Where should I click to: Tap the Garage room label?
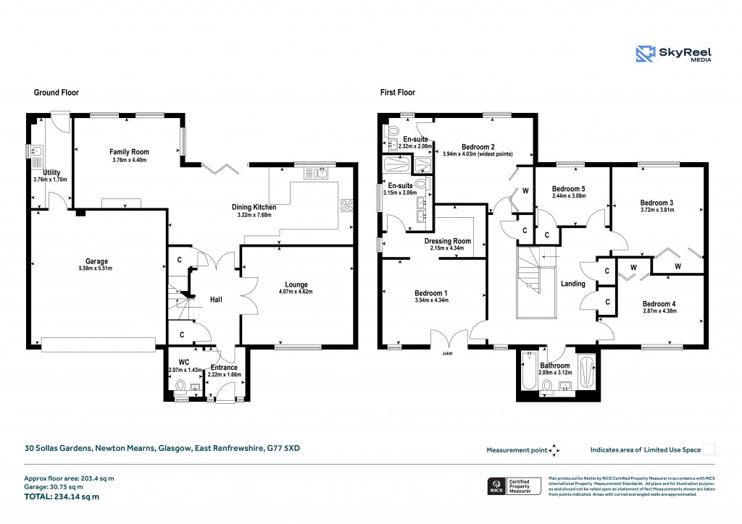tap(96, 261)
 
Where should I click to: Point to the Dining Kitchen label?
tap(256, 208)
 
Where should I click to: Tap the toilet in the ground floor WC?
tap(180, 386)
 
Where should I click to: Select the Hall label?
tap(216, 298)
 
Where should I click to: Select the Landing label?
tap(572, 284)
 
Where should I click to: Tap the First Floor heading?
tap(398, 93)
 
